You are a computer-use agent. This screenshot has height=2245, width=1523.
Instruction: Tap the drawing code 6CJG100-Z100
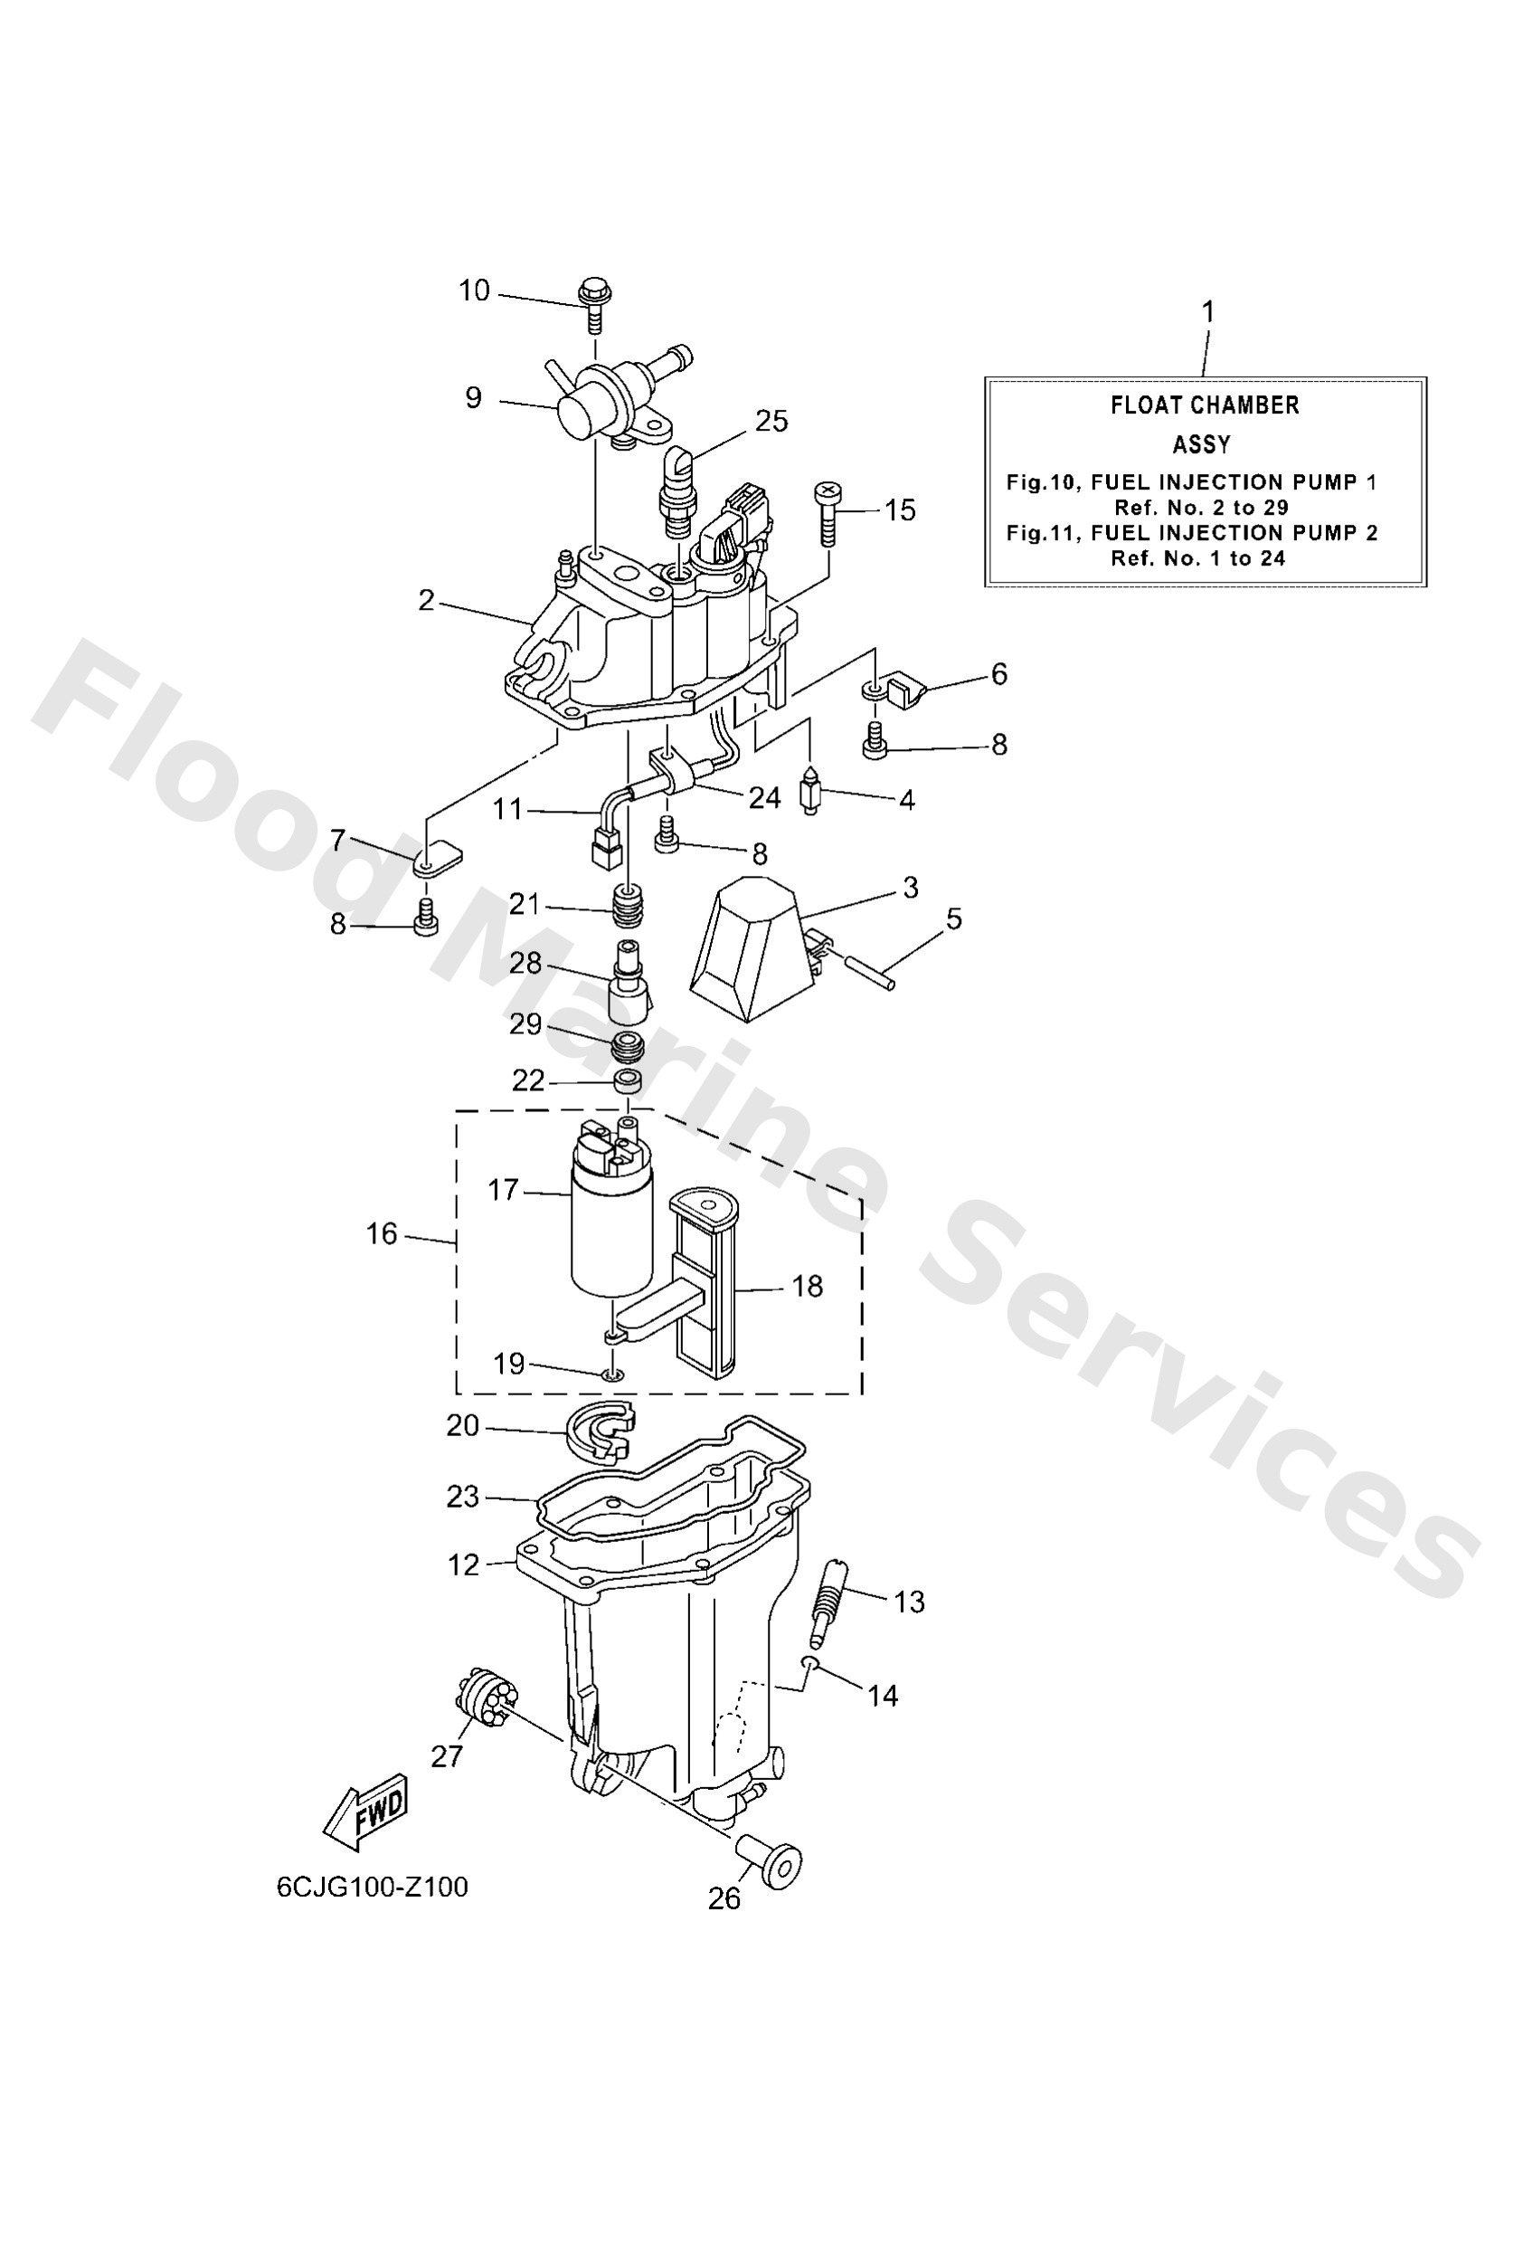tap(372, 1887)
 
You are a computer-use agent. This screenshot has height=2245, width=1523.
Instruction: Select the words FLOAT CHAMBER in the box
tap(1205, 405)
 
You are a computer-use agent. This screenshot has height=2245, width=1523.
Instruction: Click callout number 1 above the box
tap(1207, 312)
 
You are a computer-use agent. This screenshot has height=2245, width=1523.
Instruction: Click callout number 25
tap(771, 421)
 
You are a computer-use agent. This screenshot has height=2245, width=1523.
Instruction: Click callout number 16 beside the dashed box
tap(383, 1233)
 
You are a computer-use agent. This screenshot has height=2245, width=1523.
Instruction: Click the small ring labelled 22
tap(629, 1081)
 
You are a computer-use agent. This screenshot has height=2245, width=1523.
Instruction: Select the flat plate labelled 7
tap(438, 856)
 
